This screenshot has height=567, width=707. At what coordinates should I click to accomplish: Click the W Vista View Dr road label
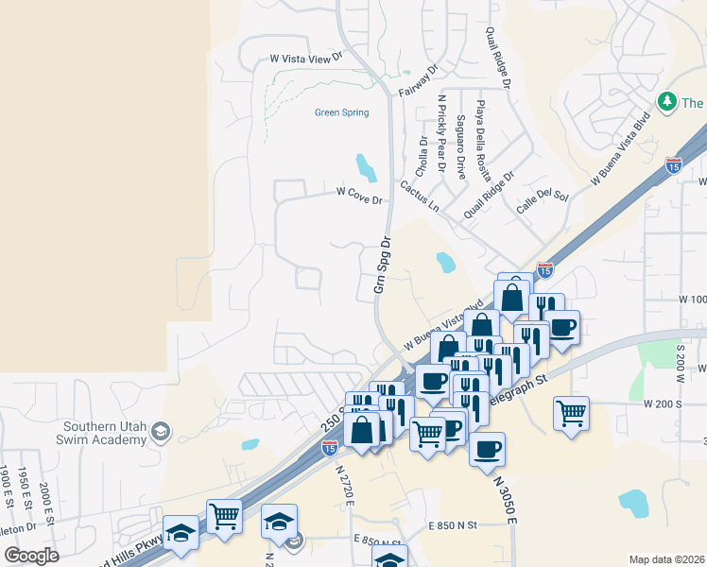(304, 59)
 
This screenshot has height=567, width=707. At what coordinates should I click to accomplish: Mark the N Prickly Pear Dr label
(441, 133)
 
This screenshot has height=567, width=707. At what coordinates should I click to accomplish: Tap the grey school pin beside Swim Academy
(161, 432)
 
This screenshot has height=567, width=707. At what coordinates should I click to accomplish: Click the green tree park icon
(667, 101)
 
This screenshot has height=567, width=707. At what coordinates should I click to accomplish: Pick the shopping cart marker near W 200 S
(571, 412)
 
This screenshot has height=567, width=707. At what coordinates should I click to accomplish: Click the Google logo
(30, 556)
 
